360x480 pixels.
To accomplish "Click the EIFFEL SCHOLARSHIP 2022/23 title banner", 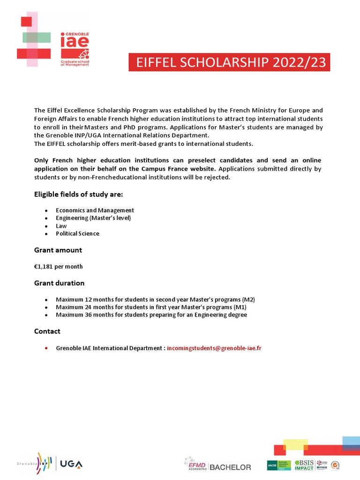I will pos(229,62).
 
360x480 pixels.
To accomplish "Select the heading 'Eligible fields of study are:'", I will pos(78,194).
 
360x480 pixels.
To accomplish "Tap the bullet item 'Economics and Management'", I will pos(95,210).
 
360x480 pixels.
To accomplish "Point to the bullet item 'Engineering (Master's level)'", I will pos(93,218).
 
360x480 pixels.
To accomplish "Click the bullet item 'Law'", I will pos(61,226).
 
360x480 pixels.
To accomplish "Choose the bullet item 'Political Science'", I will pos(77,233).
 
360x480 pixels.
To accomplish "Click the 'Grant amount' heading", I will pos(58,250).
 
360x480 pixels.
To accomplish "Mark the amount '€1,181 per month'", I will pos(58,266).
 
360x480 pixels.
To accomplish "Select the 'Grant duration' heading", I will pos(59,283).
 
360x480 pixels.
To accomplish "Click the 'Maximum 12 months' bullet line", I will pos(155,300).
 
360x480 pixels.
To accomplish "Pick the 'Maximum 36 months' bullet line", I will pos(151,315).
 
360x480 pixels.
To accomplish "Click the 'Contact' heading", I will pos(47,331).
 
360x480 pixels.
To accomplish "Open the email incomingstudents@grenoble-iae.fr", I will pos(214,348).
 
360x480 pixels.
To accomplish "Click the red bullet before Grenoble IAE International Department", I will pos(46,348).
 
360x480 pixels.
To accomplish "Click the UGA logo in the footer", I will pos(71,464).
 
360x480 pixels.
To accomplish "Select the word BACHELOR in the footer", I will pos(230,467).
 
